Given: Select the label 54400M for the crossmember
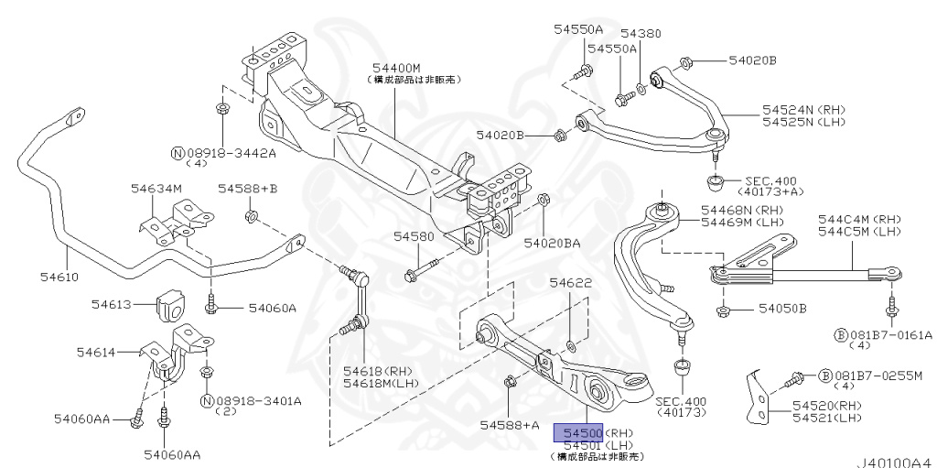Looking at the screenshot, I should [395, 69].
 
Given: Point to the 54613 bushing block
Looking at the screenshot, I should [171, 305].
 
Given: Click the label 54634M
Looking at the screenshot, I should [156, 189].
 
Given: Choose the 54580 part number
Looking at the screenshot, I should [414, 236].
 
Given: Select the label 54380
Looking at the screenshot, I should [640, 34].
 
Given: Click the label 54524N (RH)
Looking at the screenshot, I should [792, 109].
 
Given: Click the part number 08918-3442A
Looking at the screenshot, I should [231, 152].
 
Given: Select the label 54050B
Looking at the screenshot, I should [780, 309].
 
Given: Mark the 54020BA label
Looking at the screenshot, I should [552, 244].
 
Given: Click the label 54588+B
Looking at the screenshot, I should [247, 189].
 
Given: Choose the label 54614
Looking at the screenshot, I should [95, 352].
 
